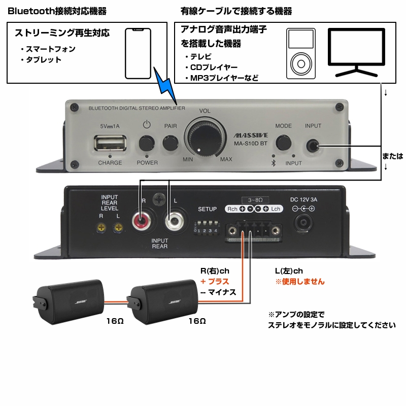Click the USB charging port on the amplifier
pyautogui.click(x=110, y=143)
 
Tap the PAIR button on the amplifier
pyautogui.click(x=171, y=143)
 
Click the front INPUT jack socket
pyautogui.click(x=313, y=146)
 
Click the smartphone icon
pyautogui.click(x=138, y=53)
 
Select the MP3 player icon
pyautogui.click(x=301, y=54)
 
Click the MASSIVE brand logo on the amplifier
pyautogui.click(x=251, y=136)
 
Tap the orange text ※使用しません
pyautogui.click(x=300, y=282)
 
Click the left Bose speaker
pyautogui.click(x=68, y=301)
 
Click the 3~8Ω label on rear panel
pyautogui.click(x=255, y=200)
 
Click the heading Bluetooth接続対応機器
pyautogui.click(x=57, y=11)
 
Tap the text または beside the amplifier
pyautogui.click(x=393, y=156)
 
